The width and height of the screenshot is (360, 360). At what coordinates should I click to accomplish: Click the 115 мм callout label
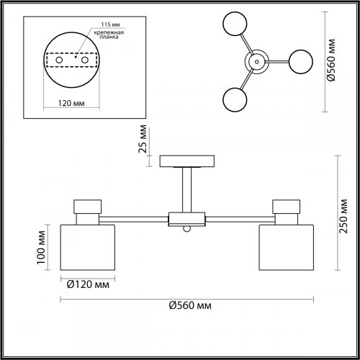(x=110, y=24)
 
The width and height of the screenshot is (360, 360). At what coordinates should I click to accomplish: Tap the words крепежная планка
(x=109, y=35)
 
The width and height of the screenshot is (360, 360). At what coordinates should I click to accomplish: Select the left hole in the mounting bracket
(x=59, y=60)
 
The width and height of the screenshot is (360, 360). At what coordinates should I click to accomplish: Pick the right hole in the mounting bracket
(x=85, y=60)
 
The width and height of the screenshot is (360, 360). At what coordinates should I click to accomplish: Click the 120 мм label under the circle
(x=71, y=103)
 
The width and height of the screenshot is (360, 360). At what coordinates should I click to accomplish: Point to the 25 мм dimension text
(x=143, y=139)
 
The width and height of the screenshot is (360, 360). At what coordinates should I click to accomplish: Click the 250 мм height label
(x=343, y=216)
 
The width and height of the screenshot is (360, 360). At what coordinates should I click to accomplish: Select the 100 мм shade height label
(x=41, y=248)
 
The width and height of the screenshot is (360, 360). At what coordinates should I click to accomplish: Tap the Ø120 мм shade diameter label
(x=88, y=284)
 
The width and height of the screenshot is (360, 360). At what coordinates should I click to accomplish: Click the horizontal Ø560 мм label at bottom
(x=190, y=305)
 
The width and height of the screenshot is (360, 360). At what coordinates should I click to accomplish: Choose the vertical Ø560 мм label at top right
(x=331, y=60)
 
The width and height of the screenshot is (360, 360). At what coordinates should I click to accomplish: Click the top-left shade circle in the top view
(x=235, y=24)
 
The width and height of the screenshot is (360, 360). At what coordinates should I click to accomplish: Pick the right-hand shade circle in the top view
(x=301, y=62)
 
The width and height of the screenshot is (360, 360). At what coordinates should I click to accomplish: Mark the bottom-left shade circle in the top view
(x=235, y=99)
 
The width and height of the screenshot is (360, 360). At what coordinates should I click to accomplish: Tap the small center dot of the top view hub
(x=257, y=62)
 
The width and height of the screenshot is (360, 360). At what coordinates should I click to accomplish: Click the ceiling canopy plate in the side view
(x=187, y=161)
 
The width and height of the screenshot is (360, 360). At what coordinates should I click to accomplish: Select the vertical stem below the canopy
(x=187, y=190)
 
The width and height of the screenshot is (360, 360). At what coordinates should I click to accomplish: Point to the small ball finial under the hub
(x=187, y=229)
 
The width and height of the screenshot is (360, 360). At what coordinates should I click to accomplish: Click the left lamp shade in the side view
(x=88, y=248)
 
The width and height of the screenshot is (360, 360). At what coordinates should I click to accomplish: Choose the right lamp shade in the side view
(x=287, y=248)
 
